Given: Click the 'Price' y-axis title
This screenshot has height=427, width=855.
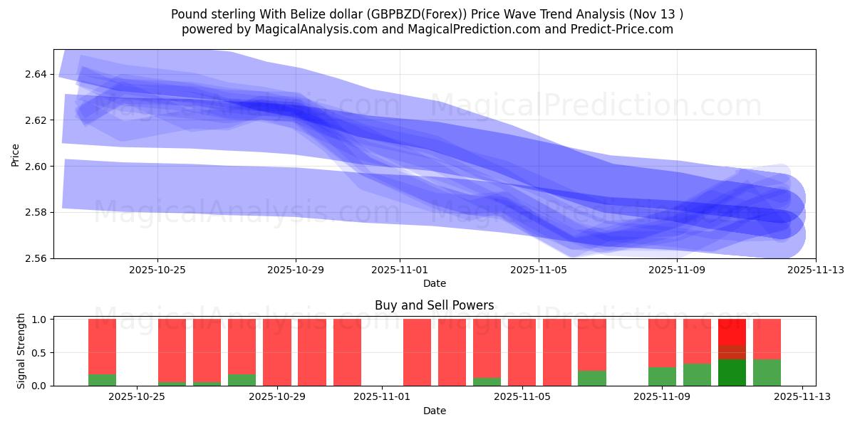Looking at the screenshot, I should [x=16, y=154].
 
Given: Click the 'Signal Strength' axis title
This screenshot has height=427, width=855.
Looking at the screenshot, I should [x=21, y=351].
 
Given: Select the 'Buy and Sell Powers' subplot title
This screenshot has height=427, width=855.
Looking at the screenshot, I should [x=434, y=305].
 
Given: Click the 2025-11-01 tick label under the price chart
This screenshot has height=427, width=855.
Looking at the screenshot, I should [x=400, y=270].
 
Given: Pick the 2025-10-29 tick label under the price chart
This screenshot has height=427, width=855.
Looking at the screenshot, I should [x=296, y=270].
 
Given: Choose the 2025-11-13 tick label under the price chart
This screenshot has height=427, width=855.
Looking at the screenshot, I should [x=815, y=270].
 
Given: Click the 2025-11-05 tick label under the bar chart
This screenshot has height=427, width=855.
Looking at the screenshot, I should [x=522, y=397].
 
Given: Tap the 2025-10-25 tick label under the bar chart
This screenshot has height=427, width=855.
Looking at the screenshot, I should [x=137, y=397].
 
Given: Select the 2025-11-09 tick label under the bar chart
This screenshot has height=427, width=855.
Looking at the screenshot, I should [x=662, y=397].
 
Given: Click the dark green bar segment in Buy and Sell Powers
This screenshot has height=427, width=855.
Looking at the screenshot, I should [x=732, y=373].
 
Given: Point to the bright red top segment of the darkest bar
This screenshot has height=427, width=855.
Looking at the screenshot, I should [x=732, y=332].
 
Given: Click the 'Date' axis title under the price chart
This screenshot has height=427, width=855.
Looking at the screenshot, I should [x=434, y=283].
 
